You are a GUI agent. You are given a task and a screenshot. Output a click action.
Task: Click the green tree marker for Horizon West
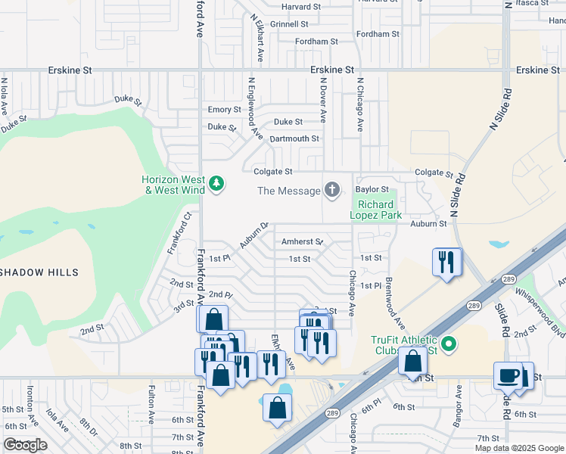[x=217, y=184]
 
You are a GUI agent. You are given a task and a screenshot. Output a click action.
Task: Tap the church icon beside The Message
[x=331, y=190]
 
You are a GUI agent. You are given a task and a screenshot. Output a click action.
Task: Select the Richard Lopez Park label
[x=376, y=210]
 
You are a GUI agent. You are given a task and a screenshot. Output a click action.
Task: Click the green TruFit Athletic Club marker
[x=449, y=345]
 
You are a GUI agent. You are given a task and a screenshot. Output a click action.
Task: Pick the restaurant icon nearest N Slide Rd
[x=446, y=263]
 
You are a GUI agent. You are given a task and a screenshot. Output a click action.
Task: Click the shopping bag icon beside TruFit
[x=412, y=361]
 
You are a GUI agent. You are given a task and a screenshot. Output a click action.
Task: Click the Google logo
[x=25, y=444]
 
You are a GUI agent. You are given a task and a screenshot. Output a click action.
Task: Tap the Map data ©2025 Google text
[x=519, y=448]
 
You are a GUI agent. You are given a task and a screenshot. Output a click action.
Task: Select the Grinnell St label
[x=294, y=25]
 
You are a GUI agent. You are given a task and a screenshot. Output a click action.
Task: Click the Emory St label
[x=224, y=110]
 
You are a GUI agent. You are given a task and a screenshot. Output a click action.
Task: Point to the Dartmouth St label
[x=294, y=138]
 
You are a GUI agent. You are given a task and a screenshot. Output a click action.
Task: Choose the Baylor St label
[x=372, y=189]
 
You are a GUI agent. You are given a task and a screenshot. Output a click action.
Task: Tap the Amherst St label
[x=302, y=241]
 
